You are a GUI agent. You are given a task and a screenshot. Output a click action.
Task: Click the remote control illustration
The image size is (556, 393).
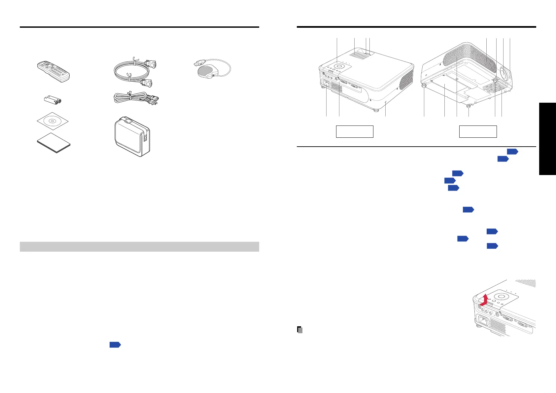pyautogui.click(x=53, y=71)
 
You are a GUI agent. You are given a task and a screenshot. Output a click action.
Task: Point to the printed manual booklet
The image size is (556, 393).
pyautogui.click(x=53, y=143)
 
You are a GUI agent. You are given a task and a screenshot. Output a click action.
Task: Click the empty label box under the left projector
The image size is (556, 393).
pyautogui.click(x=355, y=131)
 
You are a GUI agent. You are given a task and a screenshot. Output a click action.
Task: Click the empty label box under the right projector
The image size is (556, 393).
pyautogui.click(x=478, y=131)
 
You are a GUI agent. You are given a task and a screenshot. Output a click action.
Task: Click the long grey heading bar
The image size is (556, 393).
pyautogui.click(x=139, y=247)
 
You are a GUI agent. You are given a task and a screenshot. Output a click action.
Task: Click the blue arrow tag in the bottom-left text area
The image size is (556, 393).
pyautogui.click(x=115, y=345)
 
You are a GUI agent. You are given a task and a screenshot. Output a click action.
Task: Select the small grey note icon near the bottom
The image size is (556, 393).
pyautogui.click(x=300, y=330)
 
